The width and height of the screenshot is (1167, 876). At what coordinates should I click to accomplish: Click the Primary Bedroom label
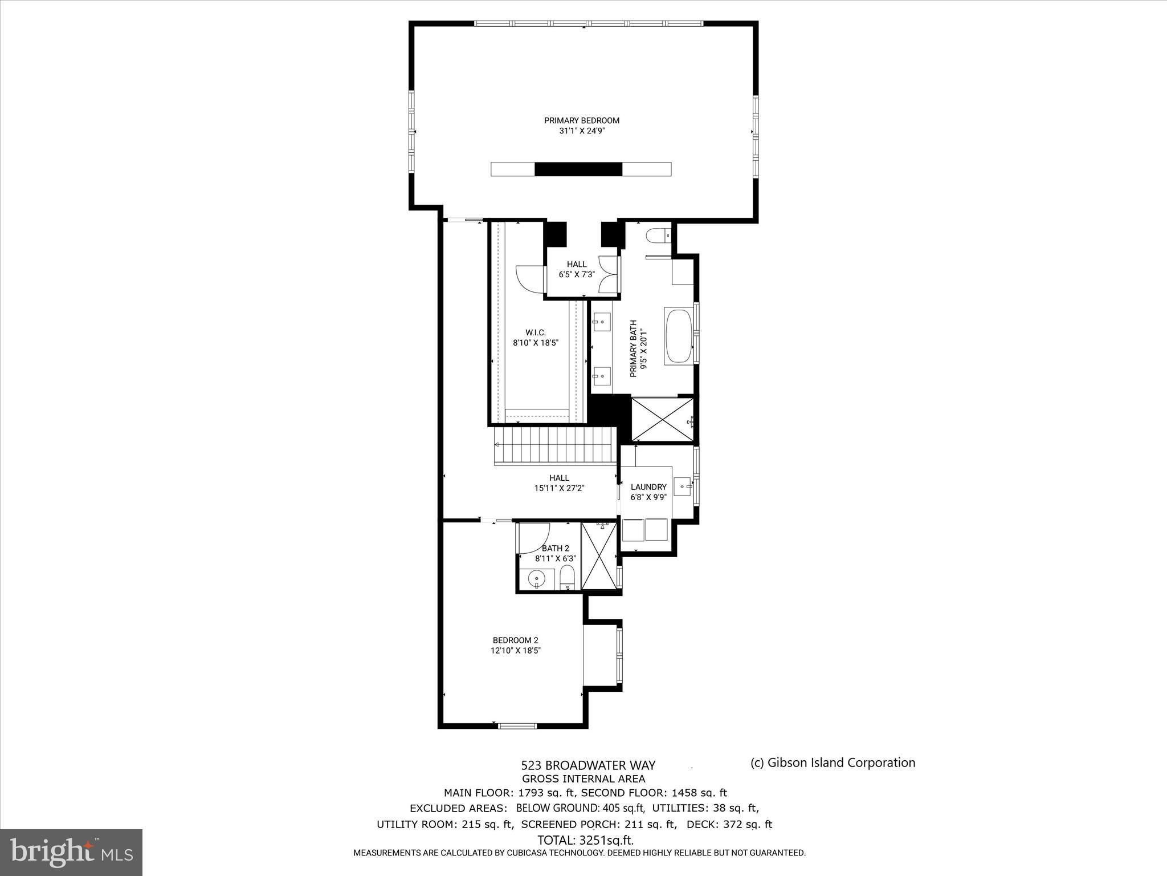tap(581, 120)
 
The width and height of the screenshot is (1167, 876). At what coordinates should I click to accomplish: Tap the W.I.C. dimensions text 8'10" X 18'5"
tap(536, 343)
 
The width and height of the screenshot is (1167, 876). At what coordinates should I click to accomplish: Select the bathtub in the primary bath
tap(678, 336)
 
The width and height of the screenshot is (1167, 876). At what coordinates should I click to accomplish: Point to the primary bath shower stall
tap(662, 420)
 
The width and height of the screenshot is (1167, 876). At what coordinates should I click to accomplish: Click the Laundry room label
tap(648, 486)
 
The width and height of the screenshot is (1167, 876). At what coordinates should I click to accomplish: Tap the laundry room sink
tap(683, 486)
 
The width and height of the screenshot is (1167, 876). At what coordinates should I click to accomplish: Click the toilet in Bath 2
tap(567, 578)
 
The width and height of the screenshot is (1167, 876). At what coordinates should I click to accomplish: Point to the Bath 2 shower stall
tap(598, 556)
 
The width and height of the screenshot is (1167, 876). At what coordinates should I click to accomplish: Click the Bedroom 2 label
tap(516, 640)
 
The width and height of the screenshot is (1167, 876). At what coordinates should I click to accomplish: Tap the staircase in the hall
tap(553, 445)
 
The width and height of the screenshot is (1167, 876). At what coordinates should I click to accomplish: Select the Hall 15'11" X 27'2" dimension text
tap(559, 488)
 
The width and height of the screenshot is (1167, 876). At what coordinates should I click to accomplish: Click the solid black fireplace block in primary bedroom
tap(578, 169)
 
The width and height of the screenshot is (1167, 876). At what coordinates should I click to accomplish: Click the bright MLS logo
tap(71, 852)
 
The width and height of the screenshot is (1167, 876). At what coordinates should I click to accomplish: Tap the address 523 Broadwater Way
tap(588, 765)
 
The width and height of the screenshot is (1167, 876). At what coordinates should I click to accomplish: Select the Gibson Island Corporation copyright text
tap(833, 763)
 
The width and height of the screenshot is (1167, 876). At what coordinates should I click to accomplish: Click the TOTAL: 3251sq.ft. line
tap(585, 840)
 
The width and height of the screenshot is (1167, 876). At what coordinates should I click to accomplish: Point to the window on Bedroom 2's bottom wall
tap(517, 725)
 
